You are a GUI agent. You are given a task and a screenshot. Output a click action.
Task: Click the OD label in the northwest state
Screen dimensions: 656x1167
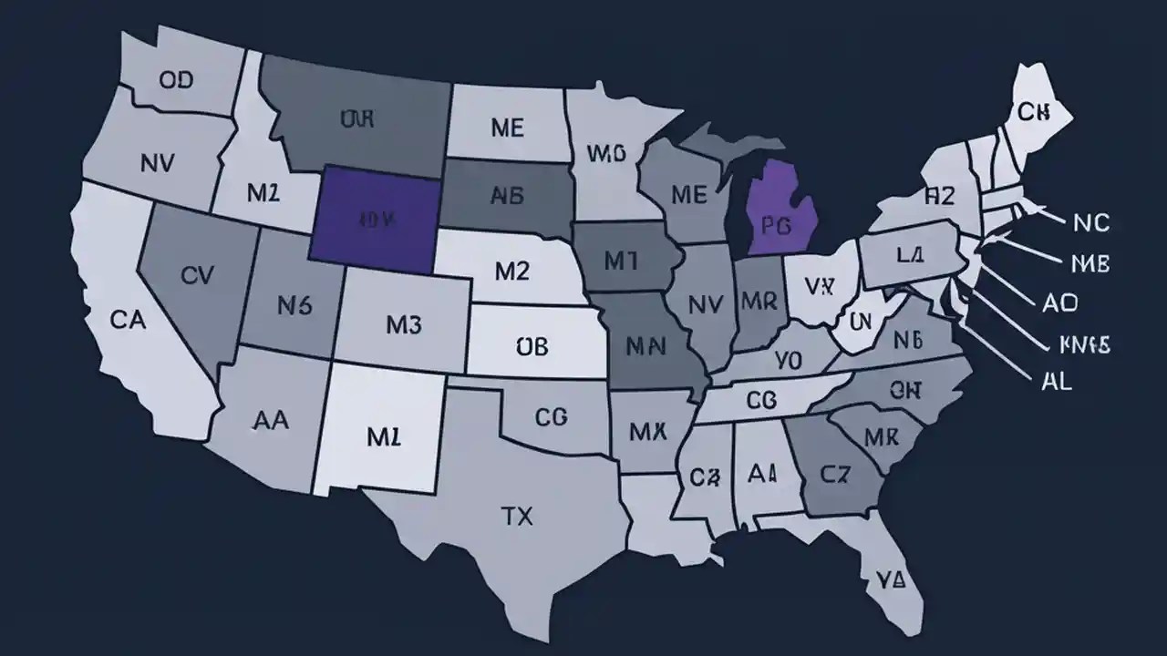coord(176,80)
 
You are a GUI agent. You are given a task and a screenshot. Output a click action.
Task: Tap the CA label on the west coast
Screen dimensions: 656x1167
coord(129,319)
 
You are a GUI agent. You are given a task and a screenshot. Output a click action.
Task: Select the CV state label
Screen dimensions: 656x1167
coord(197,275)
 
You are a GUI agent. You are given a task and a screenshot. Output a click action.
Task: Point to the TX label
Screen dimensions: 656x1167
coord(517,517)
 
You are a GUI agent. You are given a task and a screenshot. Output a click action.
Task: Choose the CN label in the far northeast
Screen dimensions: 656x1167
coord(1034,112)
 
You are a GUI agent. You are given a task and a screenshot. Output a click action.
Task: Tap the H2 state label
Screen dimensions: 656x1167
coord(938,194)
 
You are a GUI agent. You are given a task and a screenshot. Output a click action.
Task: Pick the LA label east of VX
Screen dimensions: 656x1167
coord(909,256)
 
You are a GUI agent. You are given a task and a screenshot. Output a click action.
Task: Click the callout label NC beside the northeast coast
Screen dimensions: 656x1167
coord(1090,222)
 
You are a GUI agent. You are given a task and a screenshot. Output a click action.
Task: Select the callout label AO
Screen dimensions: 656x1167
coord(1059,302)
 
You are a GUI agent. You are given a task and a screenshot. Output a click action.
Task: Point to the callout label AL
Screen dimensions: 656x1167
coord(1056,381)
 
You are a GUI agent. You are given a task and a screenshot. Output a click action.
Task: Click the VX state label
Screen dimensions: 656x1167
coord(820,286)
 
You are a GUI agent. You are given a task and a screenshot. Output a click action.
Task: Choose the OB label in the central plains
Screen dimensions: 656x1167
coord(532,346)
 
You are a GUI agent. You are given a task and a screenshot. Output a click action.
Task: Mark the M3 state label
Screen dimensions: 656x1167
coord(402,323)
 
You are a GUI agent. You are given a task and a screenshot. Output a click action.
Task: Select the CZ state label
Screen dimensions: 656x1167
coord(832,473)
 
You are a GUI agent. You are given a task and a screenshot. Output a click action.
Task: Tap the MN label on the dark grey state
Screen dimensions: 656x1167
coord(646,346)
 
